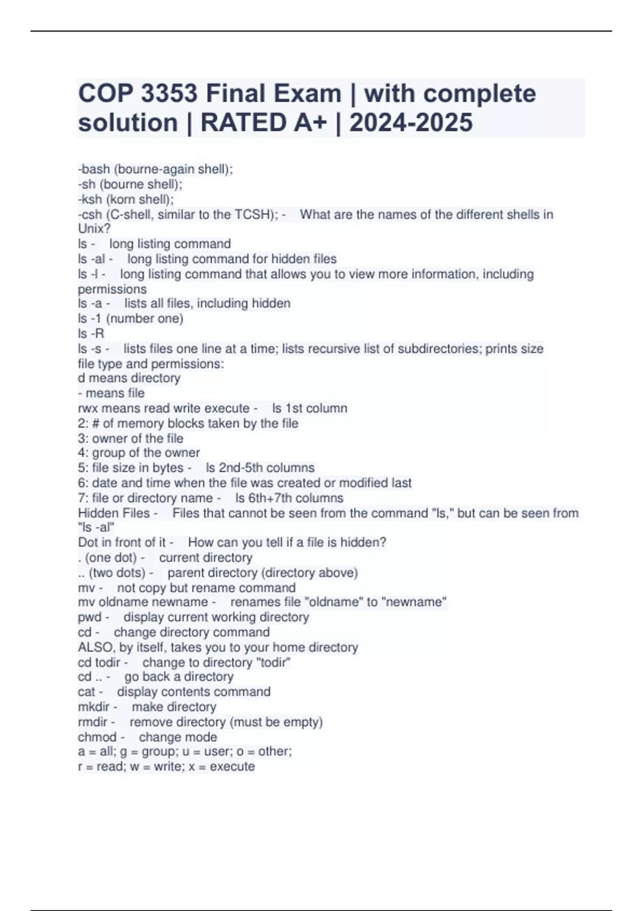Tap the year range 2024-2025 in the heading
click(411, 123)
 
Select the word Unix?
click(94, 229)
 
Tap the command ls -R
click(91, 333)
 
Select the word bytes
click(166, 468)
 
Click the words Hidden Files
click(114, 513)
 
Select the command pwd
click(89, 617)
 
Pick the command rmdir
click(93, 722)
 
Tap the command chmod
click(97, 737)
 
